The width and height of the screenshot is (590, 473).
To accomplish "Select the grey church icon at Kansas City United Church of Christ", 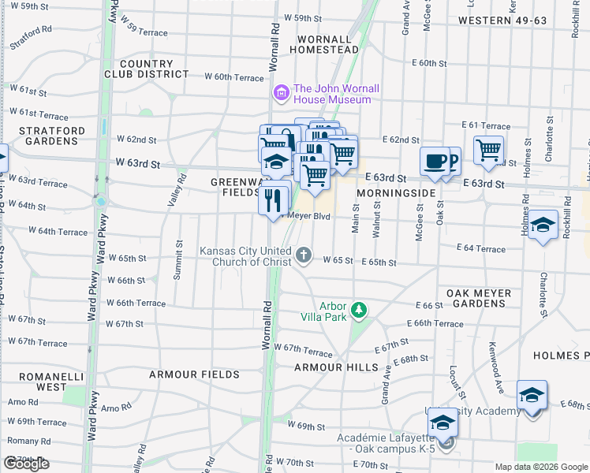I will [304, 255].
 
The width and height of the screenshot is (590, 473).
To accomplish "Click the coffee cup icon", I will [435, 162].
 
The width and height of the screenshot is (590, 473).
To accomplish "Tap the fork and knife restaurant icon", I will [274, 197].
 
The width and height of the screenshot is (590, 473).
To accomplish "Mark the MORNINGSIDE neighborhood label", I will [396, 192].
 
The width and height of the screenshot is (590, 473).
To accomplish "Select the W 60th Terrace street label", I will [233, 77].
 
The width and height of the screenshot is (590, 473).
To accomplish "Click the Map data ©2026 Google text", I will [540, 467].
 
